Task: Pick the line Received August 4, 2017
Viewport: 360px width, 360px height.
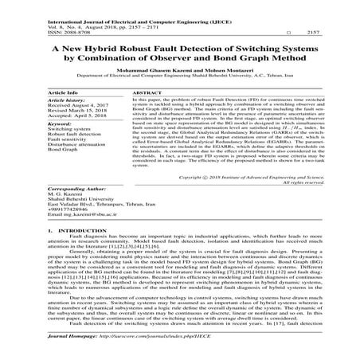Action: [x=78, y=105]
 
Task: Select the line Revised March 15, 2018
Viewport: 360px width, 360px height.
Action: [x=76, y=112]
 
